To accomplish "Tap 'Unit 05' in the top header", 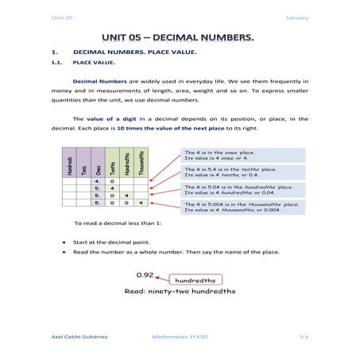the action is click(61, 17).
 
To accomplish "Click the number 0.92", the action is click(144, 274).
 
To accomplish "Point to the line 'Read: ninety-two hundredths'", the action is click(179, 292).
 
